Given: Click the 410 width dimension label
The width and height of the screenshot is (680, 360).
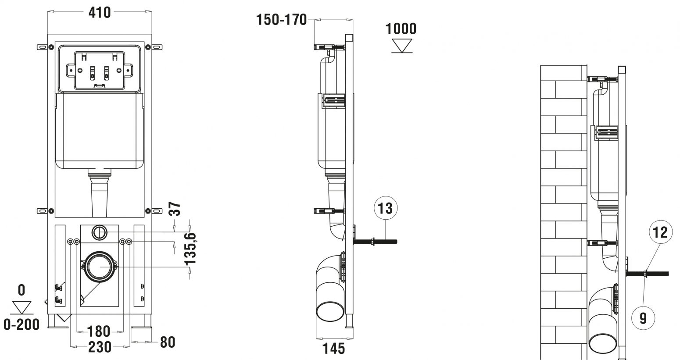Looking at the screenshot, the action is [100, 13].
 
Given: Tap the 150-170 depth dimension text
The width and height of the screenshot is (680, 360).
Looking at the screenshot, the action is [281, 20].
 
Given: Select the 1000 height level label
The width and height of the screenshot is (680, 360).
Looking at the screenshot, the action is [401, 29].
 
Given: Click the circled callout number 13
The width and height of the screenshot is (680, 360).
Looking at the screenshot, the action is [386, 209].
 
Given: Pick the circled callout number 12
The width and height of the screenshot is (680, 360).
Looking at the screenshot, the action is [661, 232].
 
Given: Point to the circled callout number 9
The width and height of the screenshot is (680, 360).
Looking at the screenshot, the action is [643, 318].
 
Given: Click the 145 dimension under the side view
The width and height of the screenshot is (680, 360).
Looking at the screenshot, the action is [333, 349].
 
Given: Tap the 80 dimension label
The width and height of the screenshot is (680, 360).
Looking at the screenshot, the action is [168, 343].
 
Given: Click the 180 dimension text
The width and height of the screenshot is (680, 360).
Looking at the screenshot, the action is [99, 331].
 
